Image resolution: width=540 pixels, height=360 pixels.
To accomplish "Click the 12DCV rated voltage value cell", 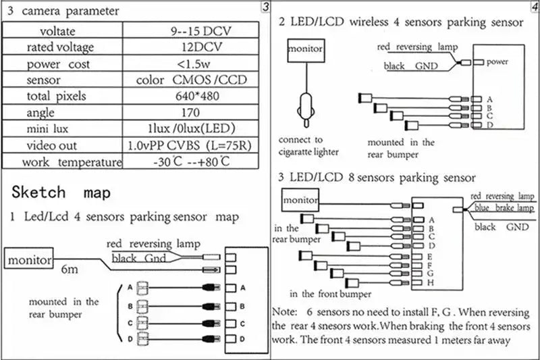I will coord(191,47).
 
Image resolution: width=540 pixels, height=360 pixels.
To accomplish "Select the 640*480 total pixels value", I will coord(191,96).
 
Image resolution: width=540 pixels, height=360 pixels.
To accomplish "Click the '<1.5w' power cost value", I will coord(191,63).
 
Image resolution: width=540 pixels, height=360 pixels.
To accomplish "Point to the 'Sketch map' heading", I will coord(61,192).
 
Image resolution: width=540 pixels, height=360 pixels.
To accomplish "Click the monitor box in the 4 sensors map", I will coord(30,259).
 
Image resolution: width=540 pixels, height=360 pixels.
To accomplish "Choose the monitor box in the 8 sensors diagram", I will coord(300,200).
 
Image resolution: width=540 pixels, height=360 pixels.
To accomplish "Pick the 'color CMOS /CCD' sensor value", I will coord(191,80).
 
